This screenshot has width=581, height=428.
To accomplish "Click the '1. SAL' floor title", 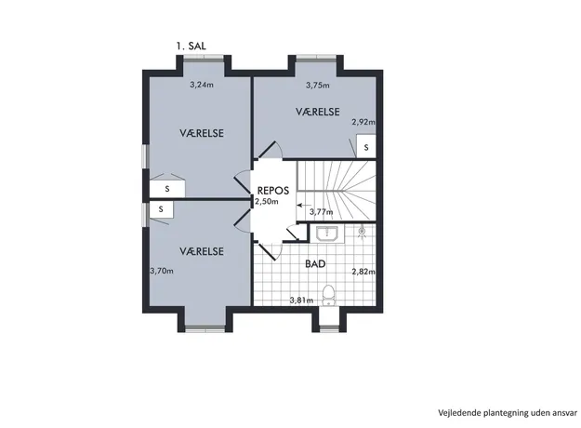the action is click(x=191, y=46).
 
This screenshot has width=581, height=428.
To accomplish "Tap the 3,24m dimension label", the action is click(x=202, y=85).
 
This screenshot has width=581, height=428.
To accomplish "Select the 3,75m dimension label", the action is click(x=318, y=85).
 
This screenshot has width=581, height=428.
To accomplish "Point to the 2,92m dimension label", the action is click(x=363, y=122).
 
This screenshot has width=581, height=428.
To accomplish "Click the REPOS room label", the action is click(x=273, y=191).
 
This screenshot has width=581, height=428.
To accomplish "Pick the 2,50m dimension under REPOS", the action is click(x=266, y=201).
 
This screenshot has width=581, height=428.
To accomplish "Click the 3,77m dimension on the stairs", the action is click(x=321, y=212).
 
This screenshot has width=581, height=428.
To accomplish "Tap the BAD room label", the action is click(x=315, y=263).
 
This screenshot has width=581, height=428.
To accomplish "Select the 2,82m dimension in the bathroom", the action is click(x=363, y=272).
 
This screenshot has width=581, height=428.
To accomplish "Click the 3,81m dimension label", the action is click(x=301, y=300).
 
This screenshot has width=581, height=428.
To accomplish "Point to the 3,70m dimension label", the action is click(x=162, y=271).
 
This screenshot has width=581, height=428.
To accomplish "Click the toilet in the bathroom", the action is click(x=328, y=295).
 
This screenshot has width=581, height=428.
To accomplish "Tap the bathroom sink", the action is click(x=327, y=234).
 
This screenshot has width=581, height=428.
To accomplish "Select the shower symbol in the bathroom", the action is click(x=362, y=232).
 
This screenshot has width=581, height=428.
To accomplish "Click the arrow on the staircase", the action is click(x=304, y=205).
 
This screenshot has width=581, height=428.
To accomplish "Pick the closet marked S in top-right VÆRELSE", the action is click(x=366, y=146).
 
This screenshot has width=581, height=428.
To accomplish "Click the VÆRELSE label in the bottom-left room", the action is click(x=202, y=251).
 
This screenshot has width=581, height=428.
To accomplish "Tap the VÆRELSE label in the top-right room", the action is click(x=318, y=112).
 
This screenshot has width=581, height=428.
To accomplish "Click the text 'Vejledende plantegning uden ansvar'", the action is click(x=508, y=413).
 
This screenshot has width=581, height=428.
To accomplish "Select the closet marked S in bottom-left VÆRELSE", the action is click(x=161, y=209).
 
